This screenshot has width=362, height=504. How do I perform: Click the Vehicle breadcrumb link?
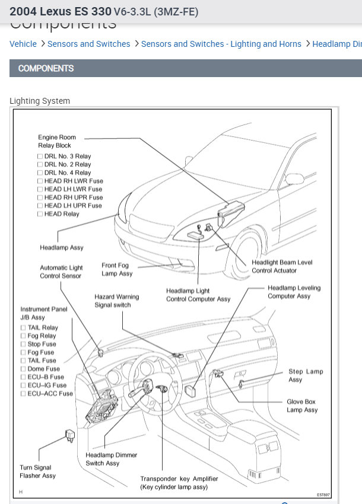click(x=23, y=44)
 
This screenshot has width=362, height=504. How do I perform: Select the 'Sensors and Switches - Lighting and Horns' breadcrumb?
click(x=221, y=44)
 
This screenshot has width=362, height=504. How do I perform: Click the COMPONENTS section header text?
click(x=46, y=68)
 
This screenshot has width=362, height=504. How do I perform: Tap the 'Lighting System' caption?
click(x=40, y=101)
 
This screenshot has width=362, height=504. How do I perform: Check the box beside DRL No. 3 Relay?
click(x=40, y=157)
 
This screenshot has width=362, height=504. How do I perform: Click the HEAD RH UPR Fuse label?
click(x=73, y=197)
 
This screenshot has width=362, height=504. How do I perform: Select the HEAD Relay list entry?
click(x=62, y=214)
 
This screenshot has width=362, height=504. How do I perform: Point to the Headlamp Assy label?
click(x=62, y=247)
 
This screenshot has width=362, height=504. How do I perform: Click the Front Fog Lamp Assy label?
click(x=117, y=270)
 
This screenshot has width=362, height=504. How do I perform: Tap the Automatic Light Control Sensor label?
click(x=61, y=272)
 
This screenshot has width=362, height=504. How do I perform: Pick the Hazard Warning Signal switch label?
click(x=116, y=301)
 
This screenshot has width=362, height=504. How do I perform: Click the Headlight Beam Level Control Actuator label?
click(x=282, y=266)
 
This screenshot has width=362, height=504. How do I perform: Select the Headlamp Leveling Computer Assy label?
click(x=293, y=292)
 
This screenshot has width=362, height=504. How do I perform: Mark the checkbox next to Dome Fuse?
click(x=23, y=369)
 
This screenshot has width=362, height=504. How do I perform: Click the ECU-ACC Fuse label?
click(x=50, y=393)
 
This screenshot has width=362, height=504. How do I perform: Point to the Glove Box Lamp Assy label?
click(x=302, y=406)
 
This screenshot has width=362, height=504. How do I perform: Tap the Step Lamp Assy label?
click(x=306, y=375)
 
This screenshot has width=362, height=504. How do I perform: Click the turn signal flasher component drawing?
click(x=69, y=438)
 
